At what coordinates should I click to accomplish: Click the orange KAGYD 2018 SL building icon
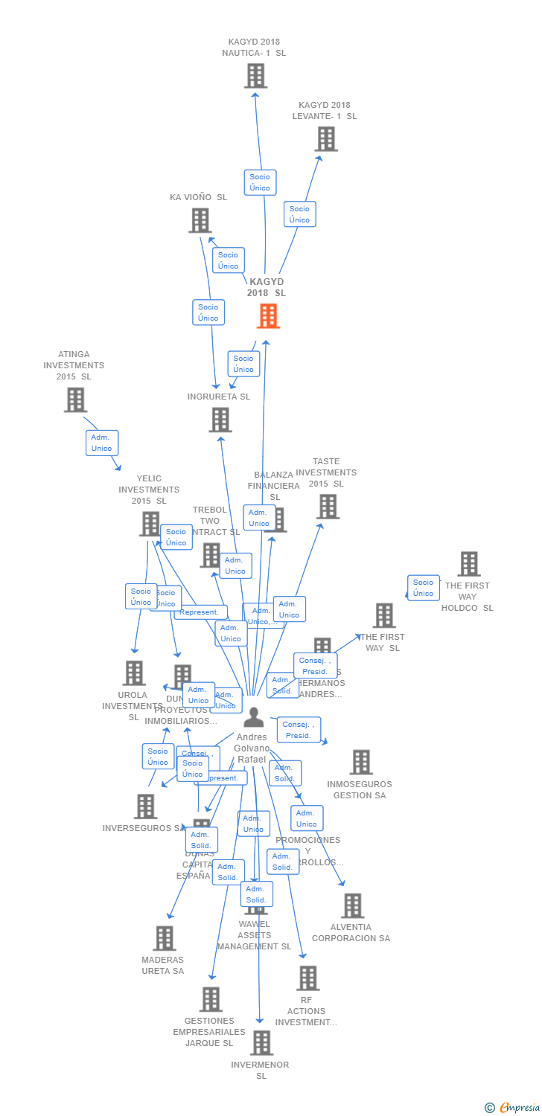268,316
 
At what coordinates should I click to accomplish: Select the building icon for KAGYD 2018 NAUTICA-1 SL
255,76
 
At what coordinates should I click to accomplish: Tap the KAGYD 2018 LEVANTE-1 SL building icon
326,139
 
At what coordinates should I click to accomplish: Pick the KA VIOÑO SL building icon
200,220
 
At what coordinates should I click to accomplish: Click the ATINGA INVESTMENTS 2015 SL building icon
75,400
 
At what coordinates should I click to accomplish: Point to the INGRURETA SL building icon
220,420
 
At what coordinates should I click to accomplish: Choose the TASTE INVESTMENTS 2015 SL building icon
328,507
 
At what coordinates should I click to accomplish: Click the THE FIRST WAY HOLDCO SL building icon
469,564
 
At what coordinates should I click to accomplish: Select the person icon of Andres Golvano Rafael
254,718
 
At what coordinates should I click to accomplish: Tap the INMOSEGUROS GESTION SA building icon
361,762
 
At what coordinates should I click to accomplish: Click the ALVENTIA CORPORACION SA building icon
352,905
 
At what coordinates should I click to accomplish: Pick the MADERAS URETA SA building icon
165,938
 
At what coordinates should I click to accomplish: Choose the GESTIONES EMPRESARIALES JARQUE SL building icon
211,999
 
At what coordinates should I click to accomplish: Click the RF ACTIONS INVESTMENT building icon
307,978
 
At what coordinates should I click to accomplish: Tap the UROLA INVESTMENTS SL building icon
134,673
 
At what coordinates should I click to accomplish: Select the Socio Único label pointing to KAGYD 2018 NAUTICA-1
260,182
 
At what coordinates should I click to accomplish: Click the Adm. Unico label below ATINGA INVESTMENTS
102,443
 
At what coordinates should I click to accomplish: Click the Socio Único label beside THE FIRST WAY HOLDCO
423,588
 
